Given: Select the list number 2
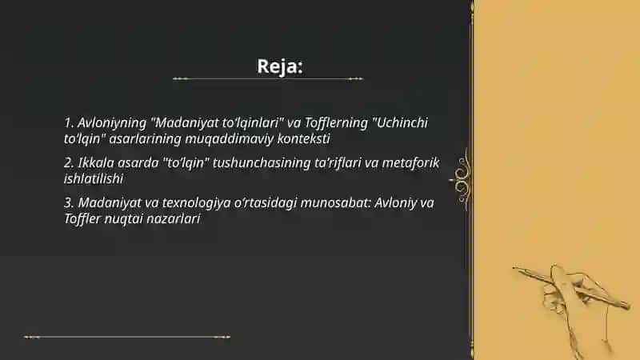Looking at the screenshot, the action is (69, 162).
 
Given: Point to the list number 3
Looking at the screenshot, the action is (69, 202).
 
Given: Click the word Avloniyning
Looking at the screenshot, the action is (112, 123).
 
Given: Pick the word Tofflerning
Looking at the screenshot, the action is (336, 122).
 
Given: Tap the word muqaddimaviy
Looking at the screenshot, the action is (230, 139).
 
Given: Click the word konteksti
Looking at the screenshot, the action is (303, 138).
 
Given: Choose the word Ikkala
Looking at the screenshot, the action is (96, 162).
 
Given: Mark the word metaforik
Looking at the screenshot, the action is (410, 162).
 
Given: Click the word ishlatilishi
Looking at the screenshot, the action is (94, 178).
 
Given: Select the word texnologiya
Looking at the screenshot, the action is (196, 203).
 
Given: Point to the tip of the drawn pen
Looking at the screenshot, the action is (514, 268).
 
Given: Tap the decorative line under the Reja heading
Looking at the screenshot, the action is (268, 78).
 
